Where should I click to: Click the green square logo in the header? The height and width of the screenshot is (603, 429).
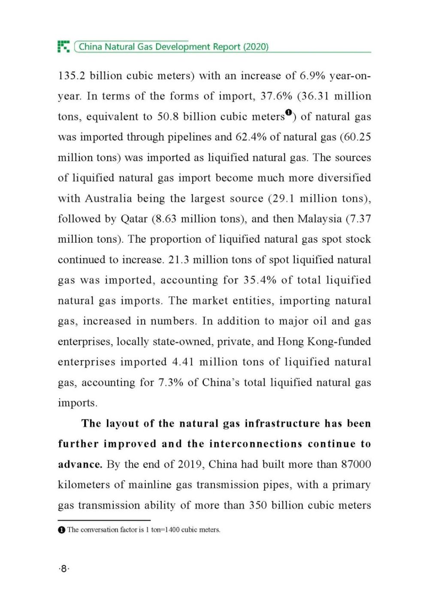(63, 46)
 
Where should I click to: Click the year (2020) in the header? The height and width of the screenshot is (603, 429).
(256, 47)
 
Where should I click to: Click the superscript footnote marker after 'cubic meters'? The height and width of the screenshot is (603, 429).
(288, 113)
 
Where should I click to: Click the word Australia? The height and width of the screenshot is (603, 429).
(108, 199)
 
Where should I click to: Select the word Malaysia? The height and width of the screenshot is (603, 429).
(319, 219)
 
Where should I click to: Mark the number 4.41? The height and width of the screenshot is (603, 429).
(183, 362)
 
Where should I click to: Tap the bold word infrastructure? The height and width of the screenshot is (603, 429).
(282, 424)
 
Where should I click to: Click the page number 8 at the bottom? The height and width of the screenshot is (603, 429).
(63, 569)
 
